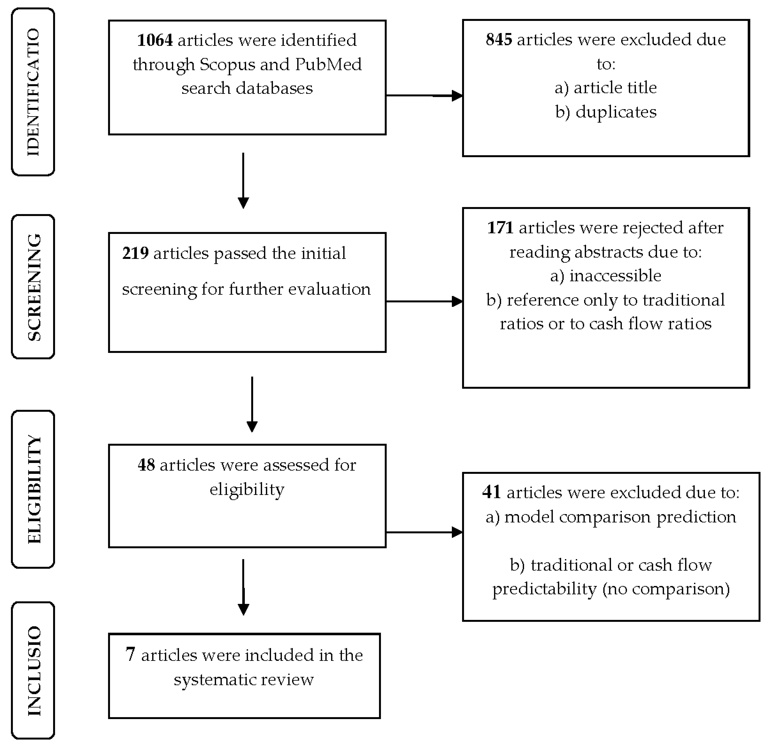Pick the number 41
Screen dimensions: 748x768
point(491,492)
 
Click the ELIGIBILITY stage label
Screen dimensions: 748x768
point(33,489)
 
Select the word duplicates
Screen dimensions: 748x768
point(616,112)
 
